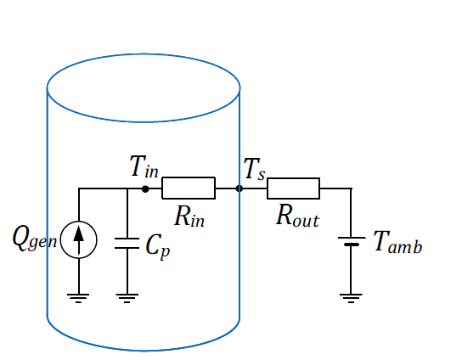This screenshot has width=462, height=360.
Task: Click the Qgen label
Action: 35,239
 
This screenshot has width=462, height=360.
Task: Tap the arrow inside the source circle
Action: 78,240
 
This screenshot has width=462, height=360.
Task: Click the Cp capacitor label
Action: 158,247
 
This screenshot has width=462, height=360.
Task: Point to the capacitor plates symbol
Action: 127,243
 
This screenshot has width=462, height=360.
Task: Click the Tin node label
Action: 144,166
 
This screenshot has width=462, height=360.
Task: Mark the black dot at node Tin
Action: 145,188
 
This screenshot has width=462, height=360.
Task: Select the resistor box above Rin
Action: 189,188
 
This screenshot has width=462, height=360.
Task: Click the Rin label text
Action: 189,216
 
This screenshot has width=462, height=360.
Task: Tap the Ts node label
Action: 255,169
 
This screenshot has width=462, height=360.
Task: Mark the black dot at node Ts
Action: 239,188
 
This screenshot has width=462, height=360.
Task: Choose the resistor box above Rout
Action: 294,188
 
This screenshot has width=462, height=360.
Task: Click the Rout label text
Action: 297,216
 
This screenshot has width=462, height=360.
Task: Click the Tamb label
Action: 397,242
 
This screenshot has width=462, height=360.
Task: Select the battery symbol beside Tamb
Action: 352,241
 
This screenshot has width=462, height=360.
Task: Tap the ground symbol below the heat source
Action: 78,298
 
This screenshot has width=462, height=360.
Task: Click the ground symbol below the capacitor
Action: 127,298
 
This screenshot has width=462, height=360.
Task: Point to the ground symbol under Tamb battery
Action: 351,298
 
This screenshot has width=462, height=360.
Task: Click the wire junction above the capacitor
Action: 127,188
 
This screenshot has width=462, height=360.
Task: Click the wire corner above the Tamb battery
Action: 351,188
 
